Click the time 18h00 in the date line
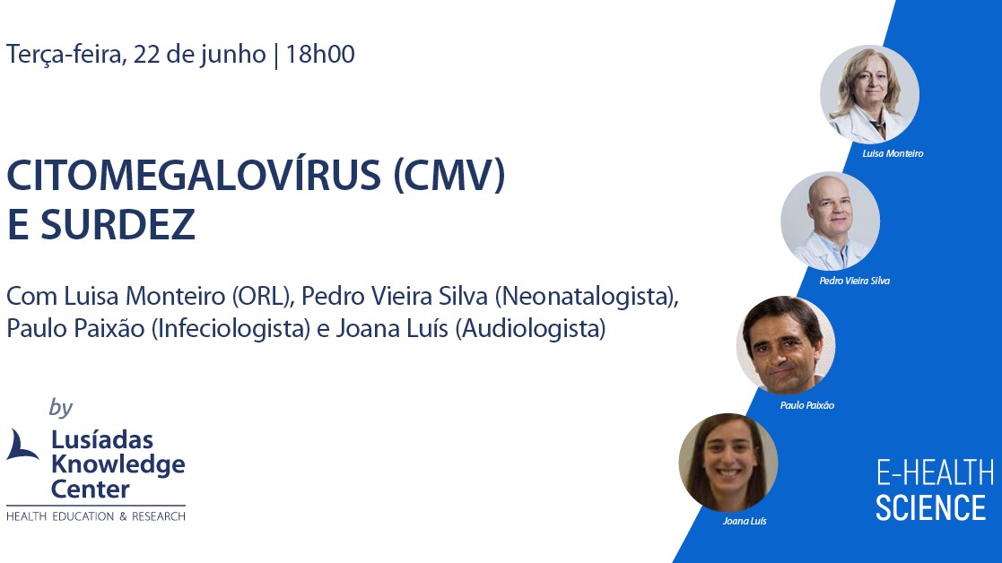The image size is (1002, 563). click(x=319, y=55)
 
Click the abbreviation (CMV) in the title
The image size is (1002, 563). click(x=449, y=176)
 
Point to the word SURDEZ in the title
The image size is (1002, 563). click(x=118, y=224)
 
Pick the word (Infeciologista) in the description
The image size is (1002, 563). click(x=231, y=329)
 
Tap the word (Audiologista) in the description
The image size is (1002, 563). click(x=530, y=329)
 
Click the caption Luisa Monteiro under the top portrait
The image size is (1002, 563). click(x=893, y=153)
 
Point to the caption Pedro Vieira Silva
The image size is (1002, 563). click(x=854, y=281)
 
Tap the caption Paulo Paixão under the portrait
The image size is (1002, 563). click(x=807, y=405)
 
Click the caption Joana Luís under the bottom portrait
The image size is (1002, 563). click(x=745, y=521)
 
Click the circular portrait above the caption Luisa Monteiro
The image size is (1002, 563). click(x=870, y=94)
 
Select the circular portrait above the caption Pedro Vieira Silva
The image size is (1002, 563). click(x=830, y=221)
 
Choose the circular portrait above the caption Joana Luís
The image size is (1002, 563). click(x=728, y=463)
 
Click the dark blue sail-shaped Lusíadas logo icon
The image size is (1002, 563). click(x=22, y=445)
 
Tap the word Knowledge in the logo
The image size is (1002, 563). click(x=118, y=465)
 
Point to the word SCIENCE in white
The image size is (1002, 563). click(x=930, y=508)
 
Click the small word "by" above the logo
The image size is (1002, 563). click(x=61, y=408)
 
